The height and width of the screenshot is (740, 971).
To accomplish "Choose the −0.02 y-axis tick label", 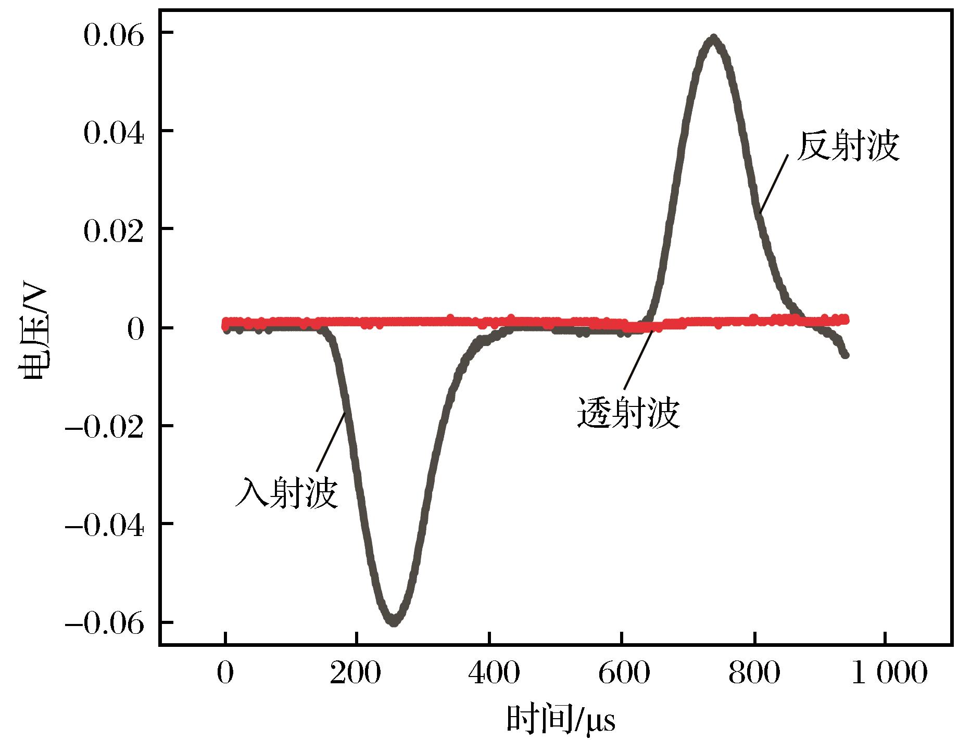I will (x=104, y=428).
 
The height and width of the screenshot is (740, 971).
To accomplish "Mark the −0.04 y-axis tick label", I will (x=104, y=526).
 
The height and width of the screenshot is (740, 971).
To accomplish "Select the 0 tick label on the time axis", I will (x=225, y=673).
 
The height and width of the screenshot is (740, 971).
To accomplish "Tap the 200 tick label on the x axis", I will (x=357, y=673).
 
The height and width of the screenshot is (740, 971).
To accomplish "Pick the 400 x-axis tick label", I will (x=489, y=673).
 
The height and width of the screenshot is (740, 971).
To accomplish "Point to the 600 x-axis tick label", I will (x=622, y=673).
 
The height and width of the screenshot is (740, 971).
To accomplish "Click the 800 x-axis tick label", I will (x=754, y=673).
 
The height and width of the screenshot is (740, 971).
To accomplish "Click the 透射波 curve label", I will (x=628, y=413).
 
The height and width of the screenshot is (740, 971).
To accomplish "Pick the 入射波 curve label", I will (x=287, y=492).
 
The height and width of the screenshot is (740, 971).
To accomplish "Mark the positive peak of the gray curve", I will (x=714, y=38).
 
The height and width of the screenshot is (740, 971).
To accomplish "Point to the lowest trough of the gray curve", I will (x=394, y=621).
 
